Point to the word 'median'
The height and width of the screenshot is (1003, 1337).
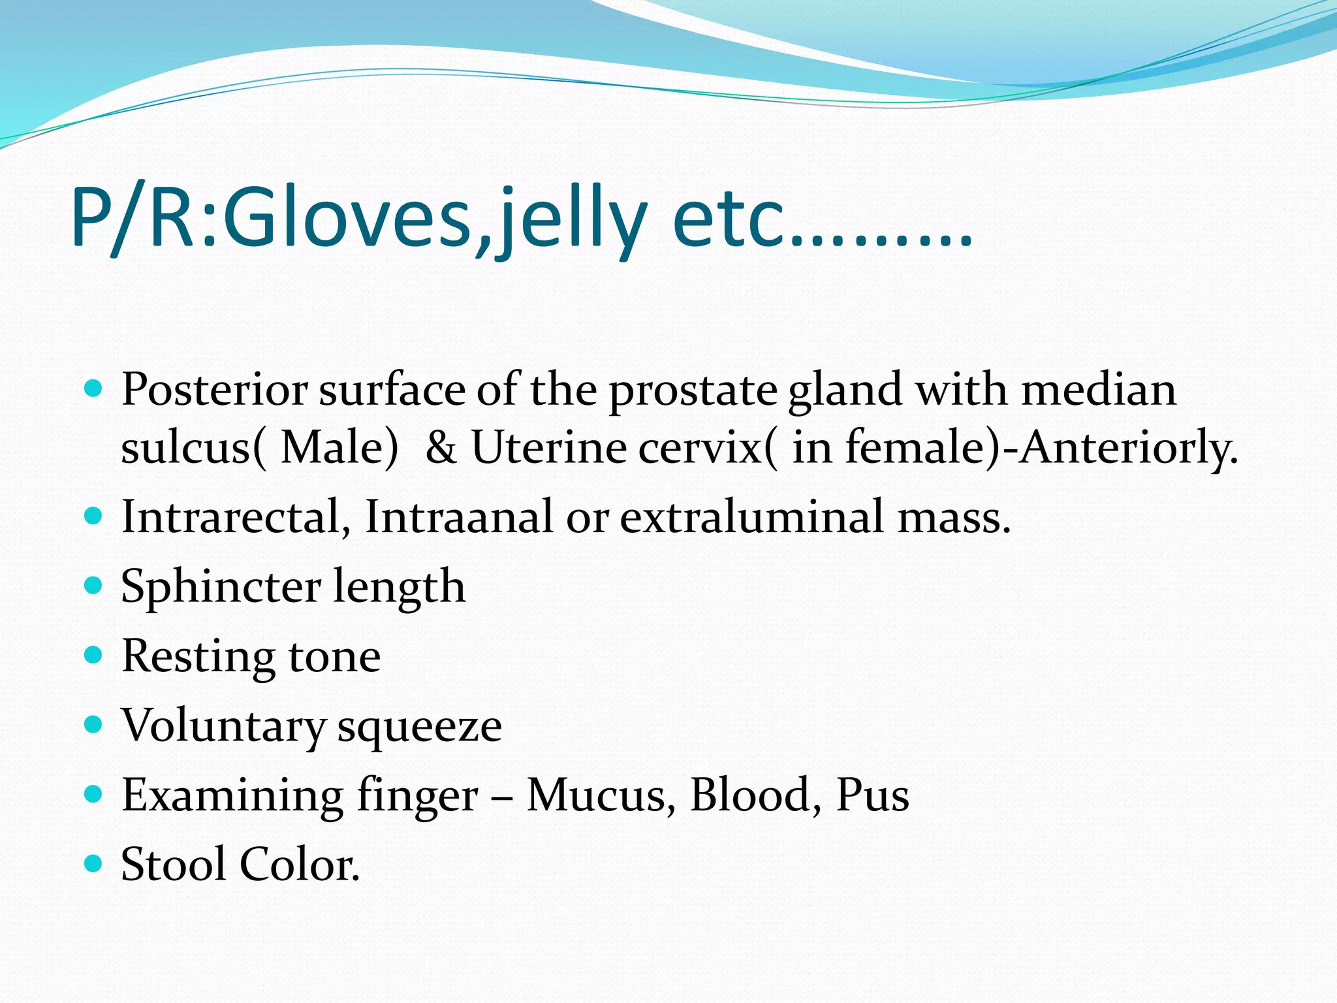tap(1099, 389)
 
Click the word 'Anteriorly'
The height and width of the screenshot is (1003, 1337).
tap(1125, 449)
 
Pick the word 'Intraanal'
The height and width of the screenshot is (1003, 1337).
tap(460, 517)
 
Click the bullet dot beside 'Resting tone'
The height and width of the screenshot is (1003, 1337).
tap(94, 654)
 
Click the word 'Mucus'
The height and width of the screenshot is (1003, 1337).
tap(596, 795)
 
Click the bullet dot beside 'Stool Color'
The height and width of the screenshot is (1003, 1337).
tap(94, 863)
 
